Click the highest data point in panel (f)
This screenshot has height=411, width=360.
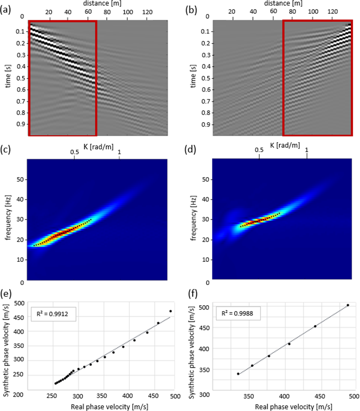pyautogui.click(x=348, y=305)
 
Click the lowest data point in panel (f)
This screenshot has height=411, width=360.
pyautogui.click(x=238, y=374)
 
